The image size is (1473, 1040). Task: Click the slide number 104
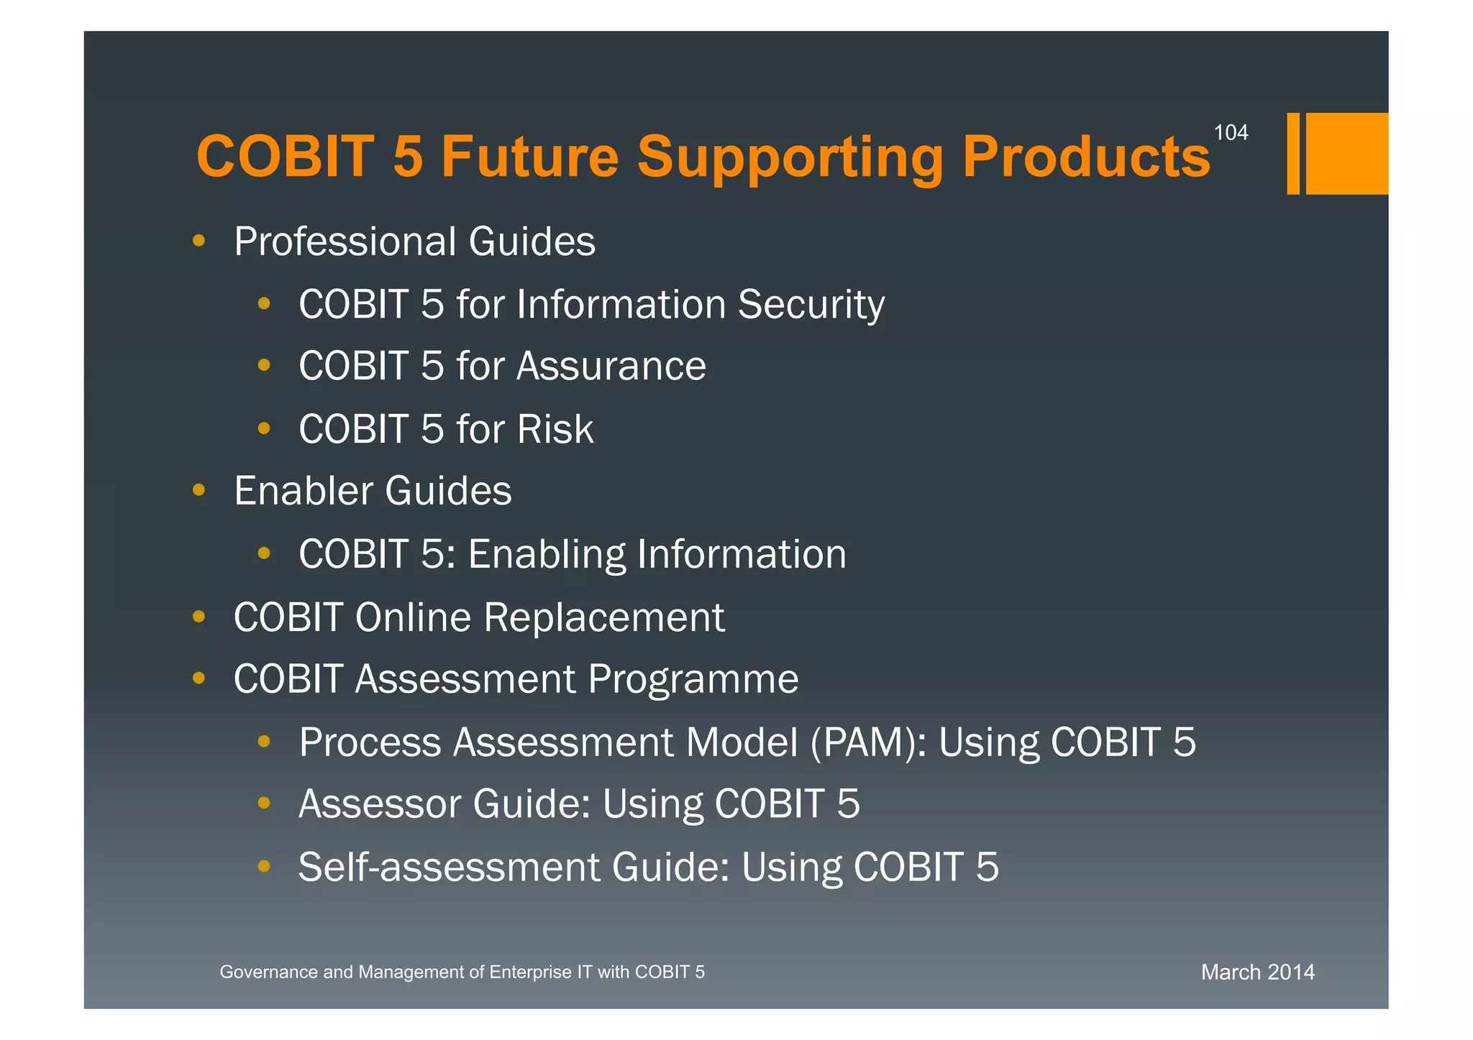point(1231,133)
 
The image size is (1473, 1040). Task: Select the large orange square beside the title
point(1346,153)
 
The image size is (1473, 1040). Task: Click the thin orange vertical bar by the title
point(1292,153)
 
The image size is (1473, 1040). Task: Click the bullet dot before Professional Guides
point(199,241)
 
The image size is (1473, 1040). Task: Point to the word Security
point(811,304)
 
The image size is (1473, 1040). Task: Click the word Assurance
point(611,366)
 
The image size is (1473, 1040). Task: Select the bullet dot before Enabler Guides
point(199,491)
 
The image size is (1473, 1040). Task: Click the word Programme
point(693,679)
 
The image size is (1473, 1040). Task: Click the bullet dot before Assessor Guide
point(264,803)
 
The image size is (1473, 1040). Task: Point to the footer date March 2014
point(1257,972)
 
